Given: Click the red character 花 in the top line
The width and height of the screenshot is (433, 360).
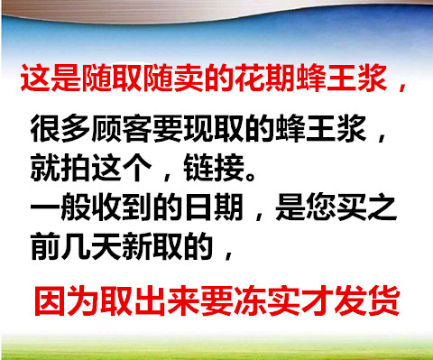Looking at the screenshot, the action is pyautogui.click(x=250, y=78).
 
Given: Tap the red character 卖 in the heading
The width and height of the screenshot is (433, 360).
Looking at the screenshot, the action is pyautogui.click(x=189, y=78).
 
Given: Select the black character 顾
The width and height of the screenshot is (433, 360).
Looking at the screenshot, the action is pyautogui.click(x=106, y=128).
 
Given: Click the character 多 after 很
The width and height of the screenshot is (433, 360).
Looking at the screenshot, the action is pyautogui.click(x=76, y=128).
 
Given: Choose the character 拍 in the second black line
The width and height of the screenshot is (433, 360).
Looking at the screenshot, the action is pyautogui.click(x=76, y=168).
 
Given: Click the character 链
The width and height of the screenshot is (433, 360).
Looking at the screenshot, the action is pyautogui.click(x=198, y=168).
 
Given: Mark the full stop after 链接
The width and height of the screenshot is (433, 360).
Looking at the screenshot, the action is pyautogui.click(x=251, y=175).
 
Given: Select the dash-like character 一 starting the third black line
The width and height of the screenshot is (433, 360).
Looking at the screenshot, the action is pyautogui.click(x=45, y=207).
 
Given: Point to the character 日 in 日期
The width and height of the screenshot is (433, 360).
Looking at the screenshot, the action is pyautogui.click(x=198, y=207).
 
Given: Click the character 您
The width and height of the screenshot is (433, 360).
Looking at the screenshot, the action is pyautogui.click(x=321, y=207).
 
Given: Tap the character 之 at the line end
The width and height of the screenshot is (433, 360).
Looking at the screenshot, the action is pyautogui.click(x=382, y=207).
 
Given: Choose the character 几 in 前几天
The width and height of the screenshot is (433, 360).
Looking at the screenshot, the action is pyautogui.click(x=76, y=246).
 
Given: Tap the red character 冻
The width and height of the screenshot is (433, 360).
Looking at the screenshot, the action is pyautogui.click(x=250, y=300).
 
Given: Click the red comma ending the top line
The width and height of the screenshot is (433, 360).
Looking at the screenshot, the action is pyautogui.click(x=401, y=87).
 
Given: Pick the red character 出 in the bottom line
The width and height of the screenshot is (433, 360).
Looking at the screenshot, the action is pyautogui.click(x=150, y=300).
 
